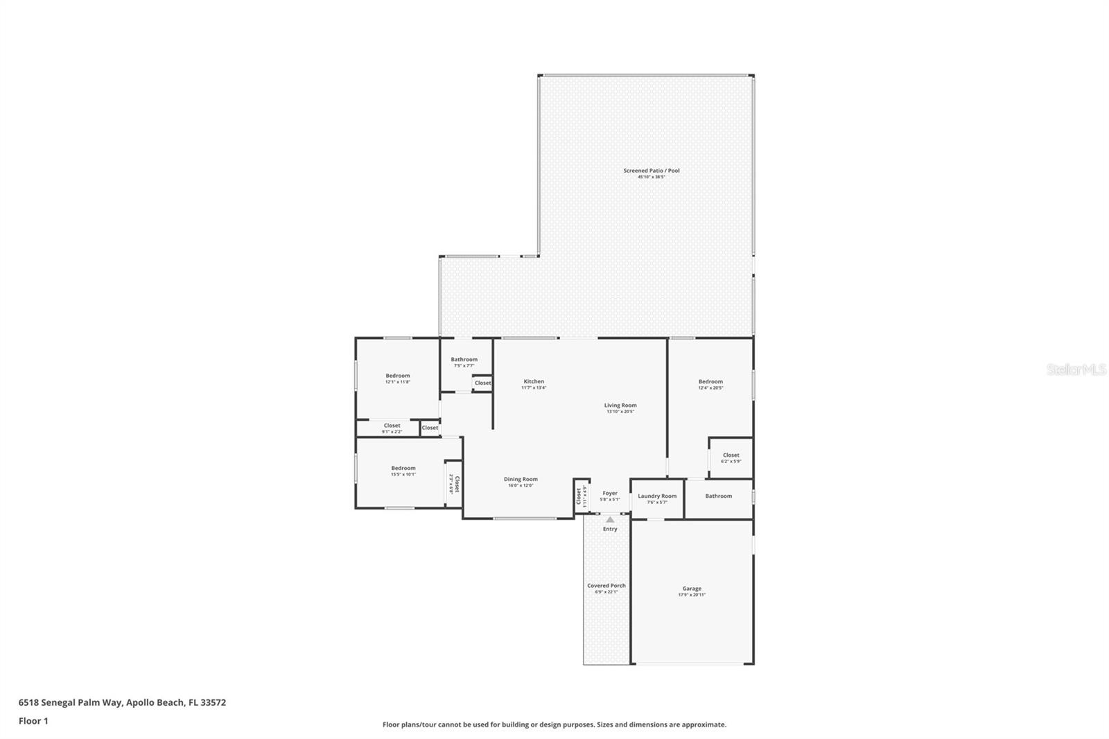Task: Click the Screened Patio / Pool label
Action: [x=651, y=171]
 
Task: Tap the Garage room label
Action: [x=691, y=589]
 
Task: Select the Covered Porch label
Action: [x=606, y=586]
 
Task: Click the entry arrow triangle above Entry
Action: [x=610, y=519]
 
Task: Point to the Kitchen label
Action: [x=534, y=381]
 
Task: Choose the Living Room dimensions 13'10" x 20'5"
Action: [x=620, y=412]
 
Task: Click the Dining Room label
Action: [x=521, y=479]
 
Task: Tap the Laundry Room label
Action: [x=657, y=496]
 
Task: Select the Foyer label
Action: [x=609, y=493]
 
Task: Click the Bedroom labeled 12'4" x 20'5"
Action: [x=710, y=381]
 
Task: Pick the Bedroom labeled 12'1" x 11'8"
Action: [x=398, y=376]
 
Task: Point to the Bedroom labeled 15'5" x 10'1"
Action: [x=403, y=468]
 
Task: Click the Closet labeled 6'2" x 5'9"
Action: [x=731, y=455]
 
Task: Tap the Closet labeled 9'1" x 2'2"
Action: [x=392, y=426]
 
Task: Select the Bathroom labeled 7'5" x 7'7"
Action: [x=464, y=359]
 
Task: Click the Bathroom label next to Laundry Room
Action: [x=718, y=496]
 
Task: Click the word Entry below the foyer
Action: [x=610, y=529]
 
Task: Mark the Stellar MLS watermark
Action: [x=1076, y=369]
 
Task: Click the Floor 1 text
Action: [x=33, y=721]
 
